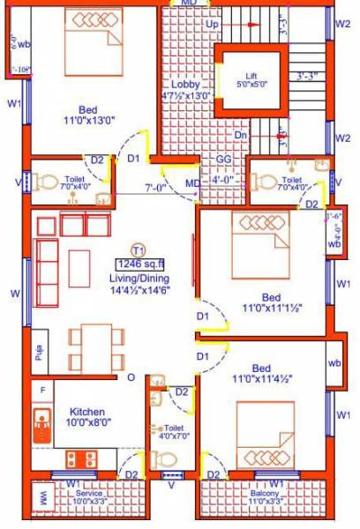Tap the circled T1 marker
coord(138,249)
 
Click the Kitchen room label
coord(88,412)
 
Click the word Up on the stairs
coord(212,25)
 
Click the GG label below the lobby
coord(224,160)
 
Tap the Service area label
coord(88,493)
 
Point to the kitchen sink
coord(41,425)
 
